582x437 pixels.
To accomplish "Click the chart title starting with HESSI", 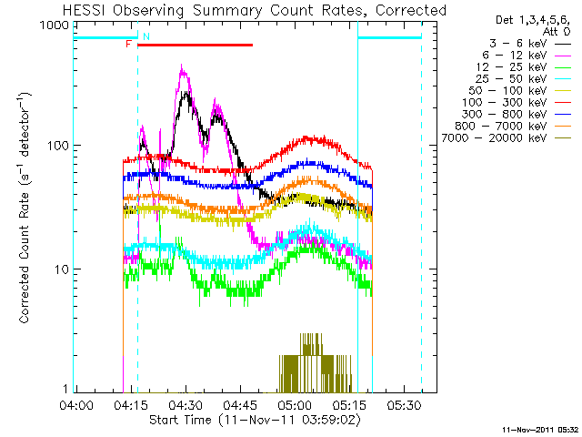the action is (255, 10).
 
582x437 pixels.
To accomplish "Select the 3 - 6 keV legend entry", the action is (529, 44).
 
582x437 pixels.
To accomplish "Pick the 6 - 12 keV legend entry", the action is (527, 56).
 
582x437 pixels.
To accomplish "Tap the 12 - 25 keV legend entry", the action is (524, 67).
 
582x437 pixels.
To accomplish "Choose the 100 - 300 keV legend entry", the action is (517, 102).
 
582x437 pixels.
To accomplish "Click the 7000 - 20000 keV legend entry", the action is (506, 137).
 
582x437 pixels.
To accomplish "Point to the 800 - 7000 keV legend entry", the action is (513, 126).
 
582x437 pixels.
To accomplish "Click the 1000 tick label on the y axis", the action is (55, 25).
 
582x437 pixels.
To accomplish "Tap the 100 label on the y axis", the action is (58, 145).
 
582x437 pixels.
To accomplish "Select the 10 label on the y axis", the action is (62, 269).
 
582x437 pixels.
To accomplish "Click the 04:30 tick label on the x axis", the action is (186, 404).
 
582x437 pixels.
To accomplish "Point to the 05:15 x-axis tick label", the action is (349, 404).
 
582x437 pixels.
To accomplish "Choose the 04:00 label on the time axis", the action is (76, 404).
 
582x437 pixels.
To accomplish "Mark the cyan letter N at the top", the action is (146, 36).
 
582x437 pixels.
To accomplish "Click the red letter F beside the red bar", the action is (129, 45).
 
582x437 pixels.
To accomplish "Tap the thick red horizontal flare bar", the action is (196, 45).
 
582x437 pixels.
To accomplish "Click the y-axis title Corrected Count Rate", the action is (25, 208).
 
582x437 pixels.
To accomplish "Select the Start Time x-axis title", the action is (255, 420).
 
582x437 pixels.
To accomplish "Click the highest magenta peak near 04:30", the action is (182, 66).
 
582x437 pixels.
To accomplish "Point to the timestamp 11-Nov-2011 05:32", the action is (540, 430).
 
